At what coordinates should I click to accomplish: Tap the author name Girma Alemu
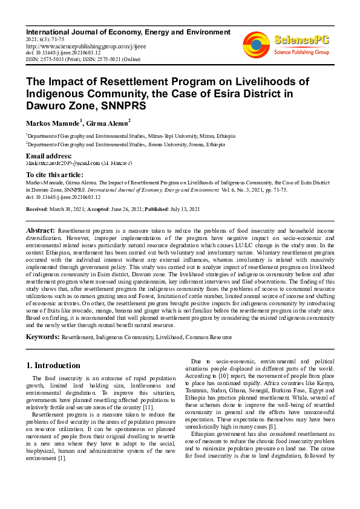(107, 123)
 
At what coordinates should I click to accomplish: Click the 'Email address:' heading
(48, 156)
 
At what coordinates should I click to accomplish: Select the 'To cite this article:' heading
(56, 174)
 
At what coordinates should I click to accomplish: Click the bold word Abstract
(40, 231)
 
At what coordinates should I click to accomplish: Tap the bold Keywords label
(42, 336)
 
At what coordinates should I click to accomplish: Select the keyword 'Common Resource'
(209, 336)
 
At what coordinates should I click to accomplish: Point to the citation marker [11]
(156, 407)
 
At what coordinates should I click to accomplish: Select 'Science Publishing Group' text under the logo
(301, 53)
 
